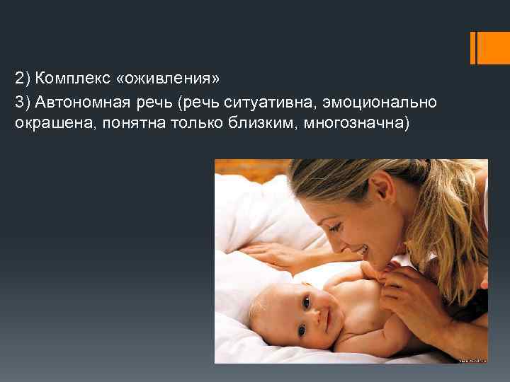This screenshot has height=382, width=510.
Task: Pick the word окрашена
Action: click(45, 124)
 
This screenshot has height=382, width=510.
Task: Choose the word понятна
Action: click(118, 124)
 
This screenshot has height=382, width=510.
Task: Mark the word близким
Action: click(237, 124)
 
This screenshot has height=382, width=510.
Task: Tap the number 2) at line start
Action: click(22, 76)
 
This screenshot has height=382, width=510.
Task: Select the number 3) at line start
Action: click(22, 103)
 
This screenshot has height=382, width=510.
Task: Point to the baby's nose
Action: click(313, 315)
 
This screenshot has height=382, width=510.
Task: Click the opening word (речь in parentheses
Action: click(200, 103)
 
